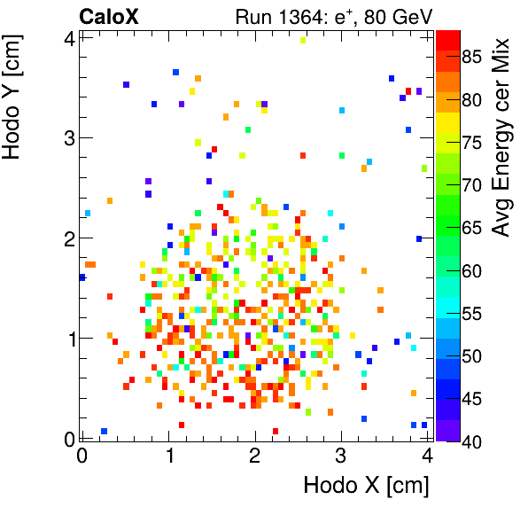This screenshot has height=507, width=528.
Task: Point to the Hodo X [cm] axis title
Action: [366, 486]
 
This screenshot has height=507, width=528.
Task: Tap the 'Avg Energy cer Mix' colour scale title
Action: [501, 138]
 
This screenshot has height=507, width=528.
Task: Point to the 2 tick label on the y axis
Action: [67, 238]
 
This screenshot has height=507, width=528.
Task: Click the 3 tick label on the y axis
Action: [67, 137]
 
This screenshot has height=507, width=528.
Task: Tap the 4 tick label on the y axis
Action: [67, 37]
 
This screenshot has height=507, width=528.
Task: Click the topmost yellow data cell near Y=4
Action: [304, 40]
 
